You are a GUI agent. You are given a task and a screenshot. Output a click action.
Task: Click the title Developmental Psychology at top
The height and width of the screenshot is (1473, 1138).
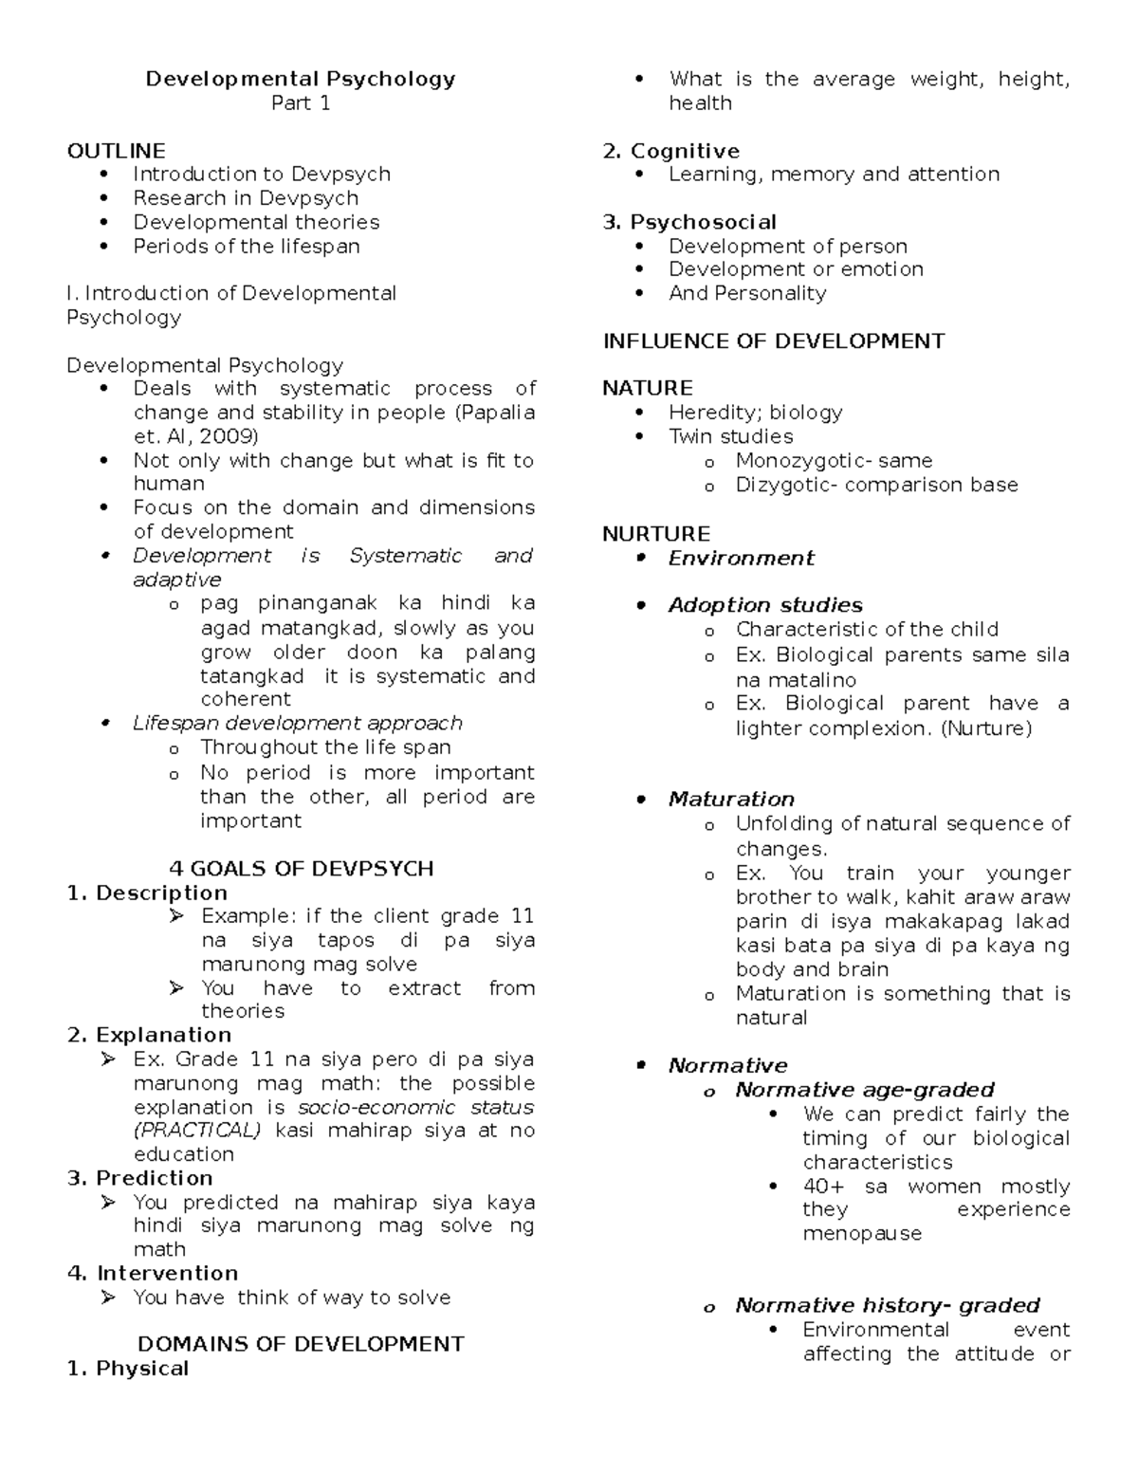(x=300, y=79)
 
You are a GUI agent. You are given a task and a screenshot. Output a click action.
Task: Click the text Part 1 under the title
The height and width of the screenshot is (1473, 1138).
(x=300, y=103)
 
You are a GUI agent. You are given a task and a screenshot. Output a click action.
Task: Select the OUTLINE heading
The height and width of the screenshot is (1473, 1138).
(x=116, y=151)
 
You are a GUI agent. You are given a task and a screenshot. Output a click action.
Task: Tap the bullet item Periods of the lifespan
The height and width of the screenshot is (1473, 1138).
(x=246, y=247)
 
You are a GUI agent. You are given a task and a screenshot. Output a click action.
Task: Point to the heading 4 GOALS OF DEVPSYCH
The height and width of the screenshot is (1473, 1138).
(x=300, y=869)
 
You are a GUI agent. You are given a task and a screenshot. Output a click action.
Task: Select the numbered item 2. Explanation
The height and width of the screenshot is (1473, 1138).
(x=149, y=1035)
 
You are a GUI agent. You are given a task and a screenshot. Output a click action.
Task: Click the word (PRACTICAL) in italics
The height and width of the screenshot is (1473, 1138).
(x=196, y=1131)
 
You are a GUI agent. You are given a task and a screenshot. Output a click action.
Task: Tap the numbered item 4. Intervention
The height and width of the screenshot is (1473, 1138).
(x=152, y=1273)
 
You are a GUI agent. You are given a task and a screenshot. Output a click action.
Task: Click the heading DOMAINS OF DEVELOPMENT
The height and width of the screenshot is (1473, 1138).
(x=300, y=1344)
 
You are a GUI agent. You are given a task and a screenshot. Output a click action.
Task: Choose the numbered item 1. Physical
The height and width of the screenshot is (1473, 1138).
(x=128, y=1369)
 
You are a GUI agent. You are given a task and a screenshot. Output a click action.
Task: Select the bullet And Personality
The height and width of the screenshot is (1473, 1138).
(x=746, y=293)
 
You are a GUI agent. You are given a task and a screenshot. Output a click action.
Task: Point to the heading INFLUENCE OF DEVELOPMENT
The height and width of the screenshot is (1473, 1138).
(x=773, y=341)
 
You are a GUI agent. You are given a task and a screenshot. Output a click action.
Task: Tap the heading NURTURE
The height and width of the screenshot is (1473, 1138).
(x=655, y=534)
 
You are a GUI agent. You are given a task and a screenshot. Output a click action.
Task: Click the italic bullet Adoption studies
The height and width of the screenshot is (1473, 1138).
(x=764, y=605)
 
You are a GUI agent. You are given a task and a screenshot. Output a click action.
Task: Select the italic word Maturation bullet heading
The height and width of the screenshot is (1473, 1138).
(x=730, y=799)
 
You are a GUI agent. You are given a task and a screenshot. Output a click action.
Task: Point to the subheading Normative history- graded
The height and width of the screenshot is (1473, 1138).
(x=887, y=1305)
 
